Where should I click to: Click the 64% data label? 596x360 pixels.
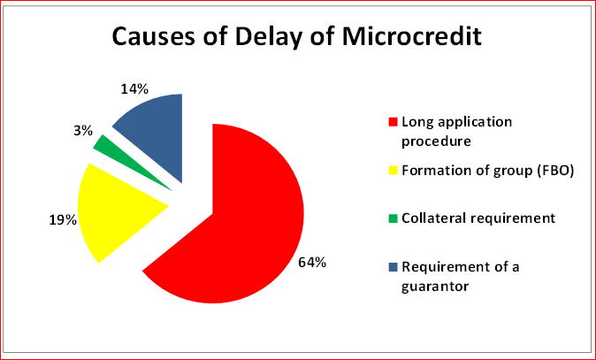point(311,263)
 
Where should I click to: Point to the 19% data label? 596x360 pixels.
point(63,220)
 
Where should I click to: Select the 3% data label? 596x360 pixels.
point(83,131)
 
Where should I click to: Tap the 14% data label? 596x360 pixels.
point(134,89)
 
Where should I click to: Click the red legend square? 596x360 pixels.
point(393,122)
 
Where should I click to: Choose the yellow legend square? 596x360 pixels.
point(393,171)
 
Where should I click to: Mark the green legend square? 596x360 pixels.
point(393,218)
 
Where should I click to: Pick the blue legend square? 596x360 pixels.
point(393,267)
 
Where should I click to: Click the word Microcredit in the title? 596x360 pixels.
point(412,37)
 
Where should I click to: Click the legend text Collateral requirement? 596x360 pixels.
point(478,219)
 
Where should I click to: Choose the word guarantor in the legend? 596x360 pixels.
point(435,287)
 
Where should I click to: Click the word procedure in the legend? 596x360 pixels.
point(436,142)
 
